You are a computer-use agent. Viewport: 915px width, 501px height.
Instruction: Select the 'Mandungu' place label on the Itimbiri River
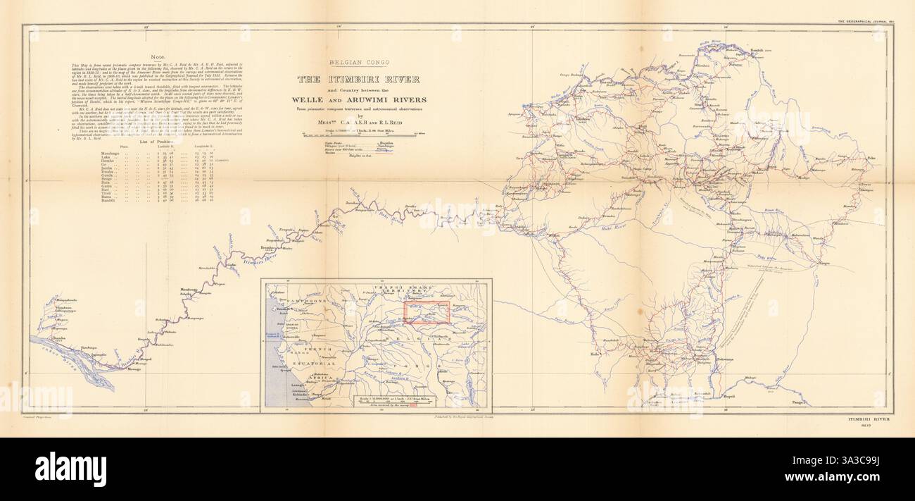point(189,290)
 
